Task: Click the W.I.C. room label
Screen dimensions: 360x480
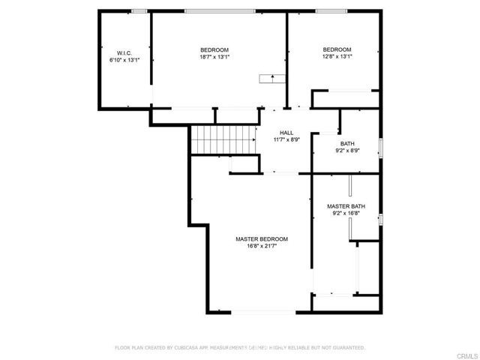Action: click(x=124, y=52)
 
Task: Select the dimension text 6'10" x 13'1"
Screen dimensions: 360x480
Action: click(x=124, y=59)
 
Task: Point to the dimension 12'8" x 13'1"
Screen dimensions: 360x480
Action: click(x=337, y=56)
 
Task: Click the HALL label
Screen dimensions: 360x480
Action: click(x=286, y=133)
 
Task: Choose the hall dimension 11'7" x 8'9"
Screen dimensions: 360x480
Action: click(x=286, y=139)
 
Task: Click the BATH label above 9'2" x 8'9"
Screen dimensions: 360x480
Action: click(x=347, y=143)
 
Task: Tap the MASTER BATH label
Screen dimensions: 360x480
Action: click(x=346, y=205)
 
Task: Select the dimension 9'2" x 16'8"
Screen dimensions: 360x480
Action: click(x=346, y=212)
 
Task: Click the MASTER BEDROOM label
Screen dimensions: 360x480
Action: click(x=262, y=239)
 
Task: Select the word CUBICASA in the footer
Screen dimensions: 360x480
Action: click(x=187, y=348)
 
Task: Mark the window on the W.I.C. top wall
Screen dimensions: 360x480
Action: click(x=138, y=10)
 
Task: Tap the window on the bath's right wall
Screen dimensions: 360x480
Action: click(x=381, y=148)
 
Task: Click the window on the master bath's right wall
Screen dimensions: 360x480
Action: click(x=381, y=219)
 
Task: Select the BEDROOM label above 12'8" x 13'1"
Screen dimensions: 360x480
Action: click(x=337, y=49)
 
